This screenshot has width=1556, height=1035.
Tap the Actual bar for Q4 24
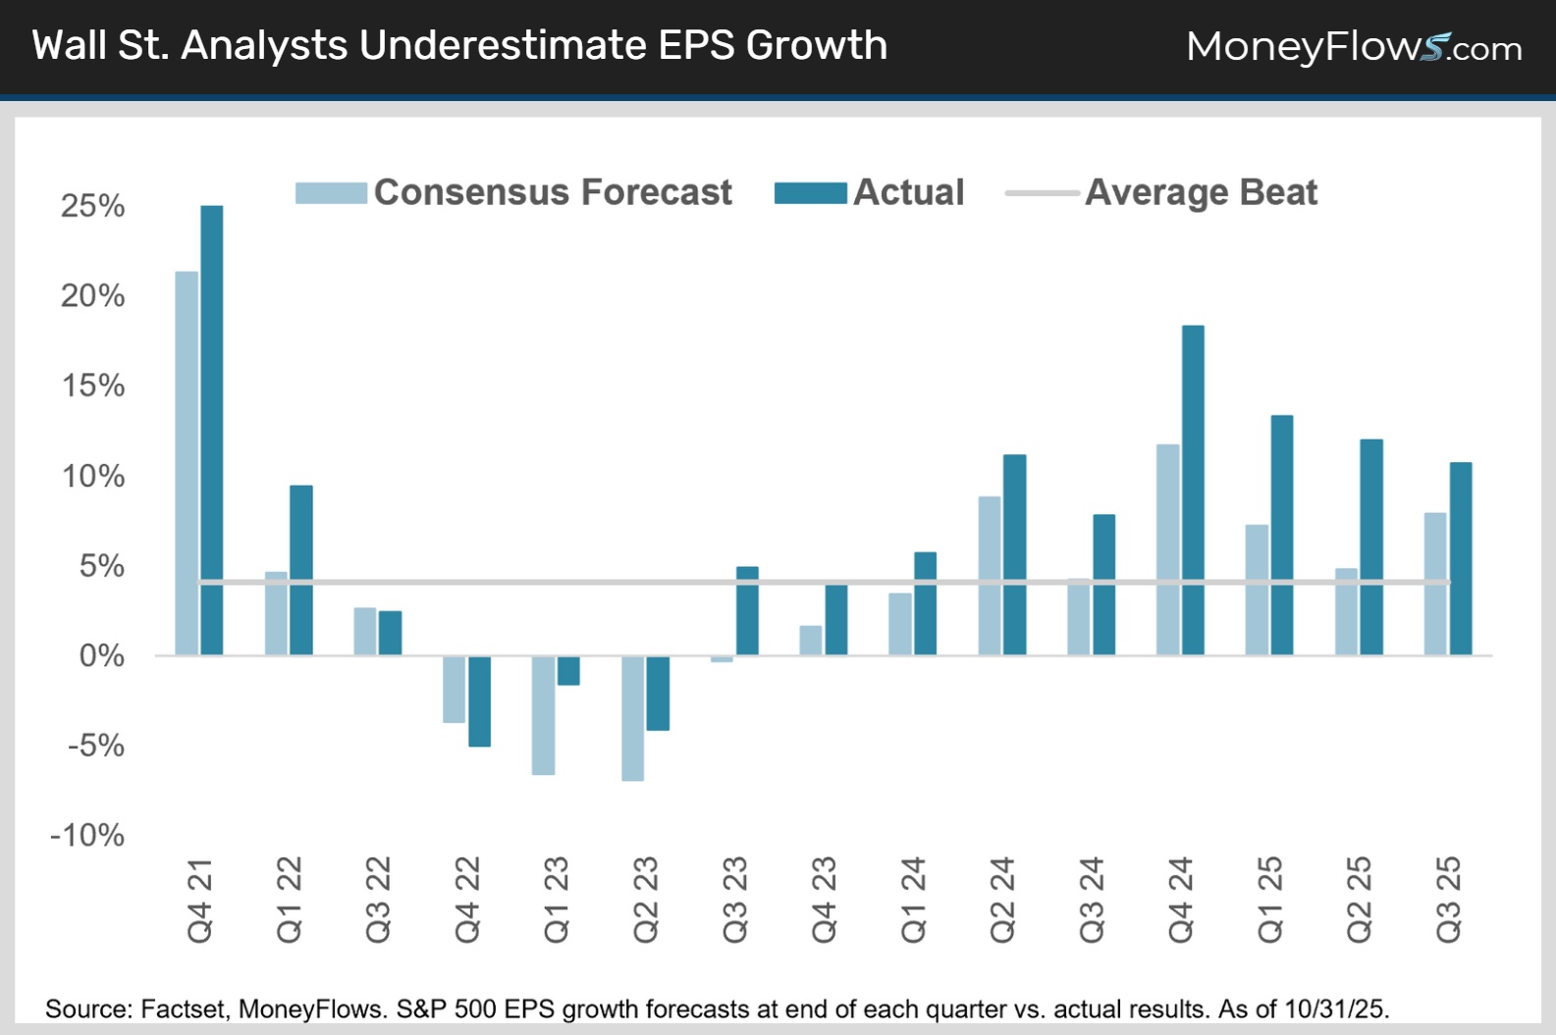[x=1193, y=490]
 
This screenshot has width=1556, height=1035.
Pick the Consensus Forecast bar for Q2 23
[x=633, y=718]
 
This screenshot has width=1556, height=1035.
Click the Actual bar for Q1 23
[x=568, y=671]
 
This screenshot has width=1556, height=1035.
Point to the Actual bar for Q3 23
[x=747, y=610]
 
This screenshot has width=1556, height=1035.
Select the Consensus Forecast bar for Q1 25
[x=1257, y=590]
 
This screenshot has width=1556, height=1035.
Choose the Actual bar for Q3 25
[x=1461, y=558]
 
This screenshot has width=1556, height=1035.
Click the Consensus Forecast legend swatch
[x=331, y=192]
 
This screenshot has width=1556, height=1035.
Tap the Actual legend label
[x=909, y=192]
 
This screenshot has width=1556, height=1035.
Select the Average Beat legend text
[x=1201, y=192]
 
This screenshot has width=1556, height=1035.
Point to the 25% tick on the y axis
[x=93, y=206]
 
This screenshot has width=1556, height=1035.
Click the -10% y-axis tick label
[x=87, y=836]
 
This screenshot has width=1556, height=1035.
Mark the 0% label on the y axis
[x=101, y=655]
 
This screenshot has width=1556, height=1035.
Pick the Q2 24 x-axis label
[x=1002, y=900]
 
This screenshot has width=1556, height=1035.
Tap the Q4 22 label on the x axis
[x=467, y=900]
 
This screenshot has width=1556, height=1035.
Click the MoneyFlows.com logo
[x=1354, y=46]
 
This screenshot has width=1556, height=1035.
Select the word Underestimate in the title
[x=504, y=45]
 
